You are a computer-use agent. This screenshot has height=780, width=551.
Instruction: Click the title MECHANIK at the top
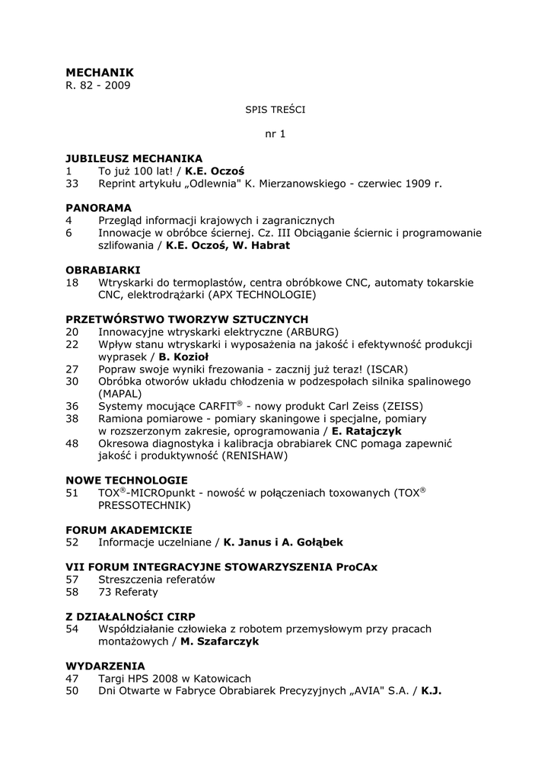point(100,72)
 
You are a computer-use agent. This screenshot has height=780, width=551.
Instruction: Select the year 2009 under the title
point(118,85)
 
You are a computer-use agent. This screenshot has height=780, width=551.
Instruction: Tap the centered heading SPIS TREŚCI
point(275,110)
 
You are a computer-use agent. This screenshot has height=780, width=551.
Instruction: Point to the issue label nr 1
point(275,134)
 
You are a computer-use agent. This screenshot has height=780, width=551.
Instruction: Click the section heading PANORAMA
point(98,208)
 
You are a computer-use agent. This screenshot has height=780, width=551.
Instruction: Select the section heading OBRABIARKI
point(103,270)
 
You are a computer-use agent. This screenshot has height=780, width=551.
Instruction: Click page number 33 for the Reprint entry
point(72,184)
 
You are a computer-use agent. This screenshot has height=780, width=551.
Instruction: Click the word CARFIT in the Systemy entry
point(216,406)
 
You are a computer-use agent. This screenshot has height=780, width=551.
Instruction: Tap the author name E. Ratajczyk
point(368,431)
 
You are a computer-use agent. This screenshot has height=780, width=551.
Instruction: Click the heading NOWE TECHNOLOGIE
point(126,481)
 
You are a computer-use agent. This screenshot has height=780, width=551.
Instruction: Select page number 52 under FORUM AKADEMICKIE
point(72,542)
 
